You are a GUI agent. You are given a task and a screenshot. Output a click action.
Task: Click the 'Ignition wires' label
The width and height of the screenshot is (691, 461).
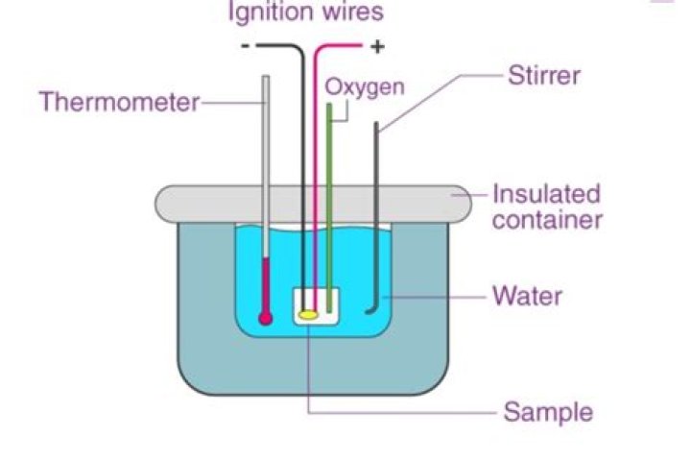(x=304, y=12)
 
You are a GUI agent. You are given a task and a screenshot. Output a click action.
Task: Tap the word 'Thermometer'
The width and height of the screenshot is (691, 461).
(x=118, y=101)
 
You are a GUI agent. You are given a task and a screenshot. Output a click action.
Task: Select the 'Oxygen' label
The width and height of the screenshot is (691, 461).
(x=364, y=86)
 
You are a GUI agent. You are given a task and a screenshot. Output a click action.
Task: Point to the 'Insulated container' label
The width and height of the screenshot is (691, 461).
(x=546, y=206)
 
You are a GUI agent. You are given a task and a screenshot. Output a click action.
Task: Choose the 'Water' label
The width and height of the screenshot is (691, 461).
(x=527, y=295)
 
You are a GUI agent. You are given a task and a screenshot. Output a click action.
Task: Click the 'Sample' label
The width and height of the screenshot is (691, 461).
(x=548, y=413)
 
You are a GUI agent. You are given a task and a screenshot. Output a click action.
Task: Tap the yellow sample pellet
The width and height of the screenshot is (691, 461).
(x=308, y=314)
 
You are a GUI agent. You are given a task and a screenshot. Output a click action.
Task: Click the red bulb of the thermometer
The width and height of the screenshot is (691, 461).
(x=266, y=317)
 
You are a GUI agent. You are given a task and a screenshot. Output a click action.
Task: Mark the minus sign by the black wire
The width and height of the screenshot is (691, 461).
(x=246, y=46)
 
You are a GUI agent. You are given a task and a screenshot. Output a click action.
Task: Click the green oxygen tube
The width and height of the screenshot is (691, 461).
(x=329, y=192)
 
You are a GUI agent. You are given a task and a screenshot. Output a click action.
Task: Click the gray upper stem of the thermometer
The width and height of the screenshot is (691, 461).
(x=265, y=144)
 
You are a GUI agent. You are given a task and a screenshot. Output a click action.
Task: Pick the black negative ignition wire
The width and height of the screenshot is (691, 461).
(x=303, y=144)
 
